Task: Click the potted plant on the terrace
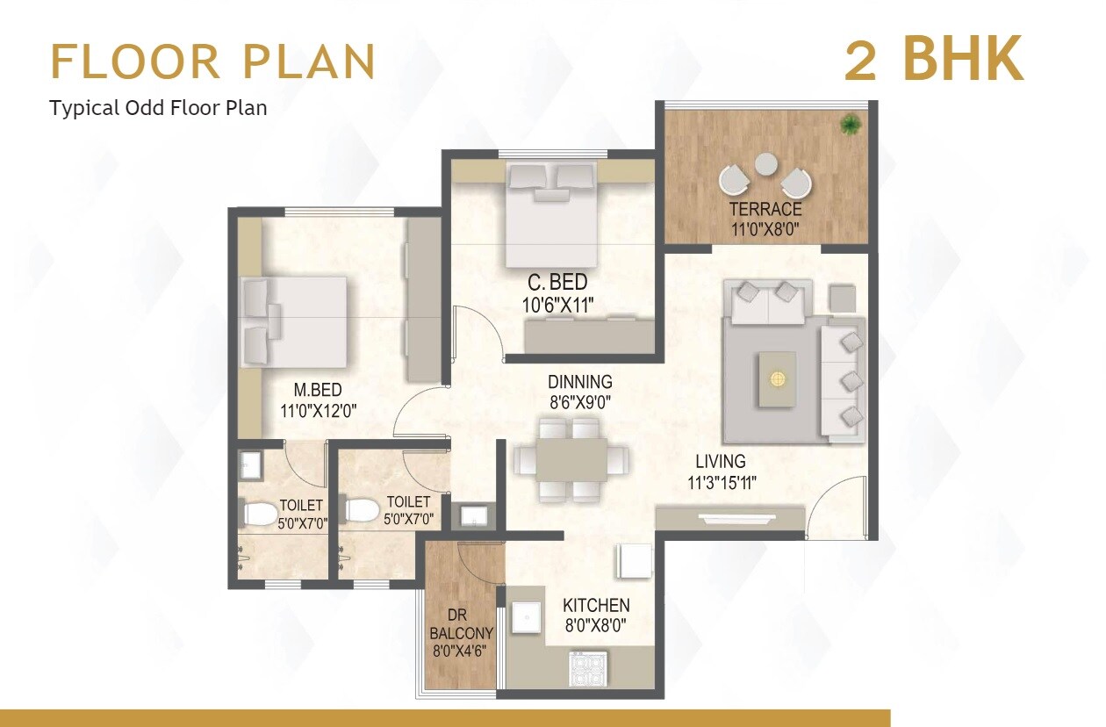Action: click(850, 125)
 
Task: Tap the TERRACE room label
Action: click(765, 210)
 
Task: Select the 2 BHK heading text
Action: click(934, 60)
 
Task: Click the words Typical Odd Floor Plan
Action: click(158, 108)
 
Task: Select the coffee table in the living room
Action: click(777, 378)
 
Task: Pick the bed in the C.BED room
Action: click(551, 213)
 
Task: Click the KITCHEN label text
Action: click(596, 606)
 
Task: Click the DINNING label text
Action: click(579, 382)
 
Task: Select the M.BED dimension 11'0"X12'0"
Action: click(318, 409)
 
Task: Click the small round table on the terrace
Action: click(765, 164)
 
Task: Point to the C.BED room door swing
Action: click(478, 332)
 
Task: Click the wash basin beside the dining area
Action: click(475, 515)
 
